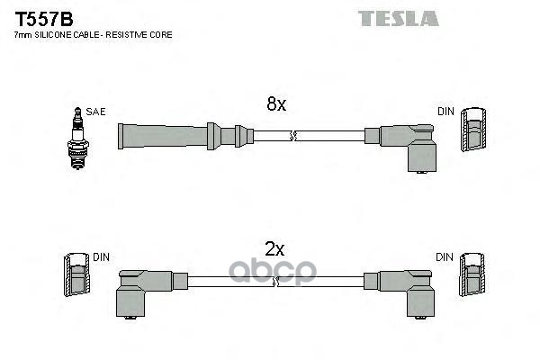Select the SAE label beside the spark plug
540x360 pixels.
(96, 112)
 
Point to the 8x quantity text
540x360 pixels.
(275, 105)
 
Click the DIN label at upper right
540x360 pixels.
(445, 112)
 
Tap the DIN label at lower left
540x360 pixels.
(101, 257)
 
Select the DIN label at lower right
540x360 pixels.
(445, 257)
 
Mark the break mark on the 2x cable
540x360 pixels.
(276, 281)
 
